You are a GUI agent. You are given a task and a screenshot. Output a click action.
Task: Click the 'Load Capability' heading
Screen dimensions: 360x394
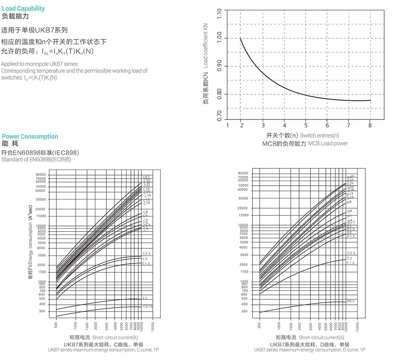pos(23,8)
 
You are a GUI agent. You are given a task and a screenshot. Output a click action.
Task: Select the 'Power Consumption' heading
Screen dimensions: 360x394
pos(30,136)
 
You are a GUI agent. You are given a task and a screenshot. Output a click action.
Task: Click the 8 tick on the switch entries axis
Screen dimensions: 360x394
pos(370,125)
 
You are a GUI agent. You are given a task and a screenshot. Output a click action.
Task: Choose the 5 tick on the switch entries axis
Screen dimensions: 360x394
pos(306,125)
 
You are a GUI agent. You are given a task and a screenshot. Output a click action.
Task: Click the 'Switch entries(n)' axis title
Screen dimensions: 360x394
pos(319,135)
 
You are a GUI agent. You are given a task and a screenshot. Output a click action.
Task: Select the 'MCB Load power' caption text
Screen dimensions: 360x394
pos(328,144)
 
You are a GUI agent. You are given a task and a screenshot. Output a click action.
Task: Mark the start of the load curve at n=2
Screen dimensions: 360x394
pos(241,38)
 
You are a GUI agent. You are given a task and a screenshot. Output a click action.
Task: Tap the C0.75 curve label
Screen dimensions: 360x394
pos(148,306)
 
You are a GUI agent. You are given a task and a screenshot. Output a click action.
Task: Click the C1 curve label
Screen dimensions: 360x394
pos(145,298)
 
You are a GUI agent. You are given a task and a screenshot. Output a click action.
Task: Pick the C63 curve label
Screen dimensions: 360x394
pos(146,177)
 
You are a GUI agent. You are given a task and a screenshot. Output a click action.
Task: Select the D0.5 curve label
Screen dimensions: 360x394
pos(351,301)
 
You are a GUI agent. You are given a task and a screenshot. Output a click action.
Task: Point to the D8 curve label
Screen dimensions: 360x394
pos(349,202)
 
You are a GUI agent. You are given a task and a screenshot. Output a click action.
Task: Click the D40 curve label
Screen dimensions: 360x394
pos(350,177)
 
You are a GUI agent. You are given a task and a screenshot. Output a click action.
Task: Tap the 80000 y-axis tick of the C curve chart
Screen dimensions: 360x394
pos(41,174)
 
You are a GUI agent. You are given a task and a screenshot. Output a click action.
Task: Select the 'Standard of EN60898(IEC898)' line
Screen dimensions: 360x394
pos(36,160)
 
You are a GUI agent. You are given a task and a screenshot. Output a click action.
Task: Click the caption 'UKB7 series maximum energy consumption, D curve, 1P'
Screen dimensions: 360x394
pos(309,350)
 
